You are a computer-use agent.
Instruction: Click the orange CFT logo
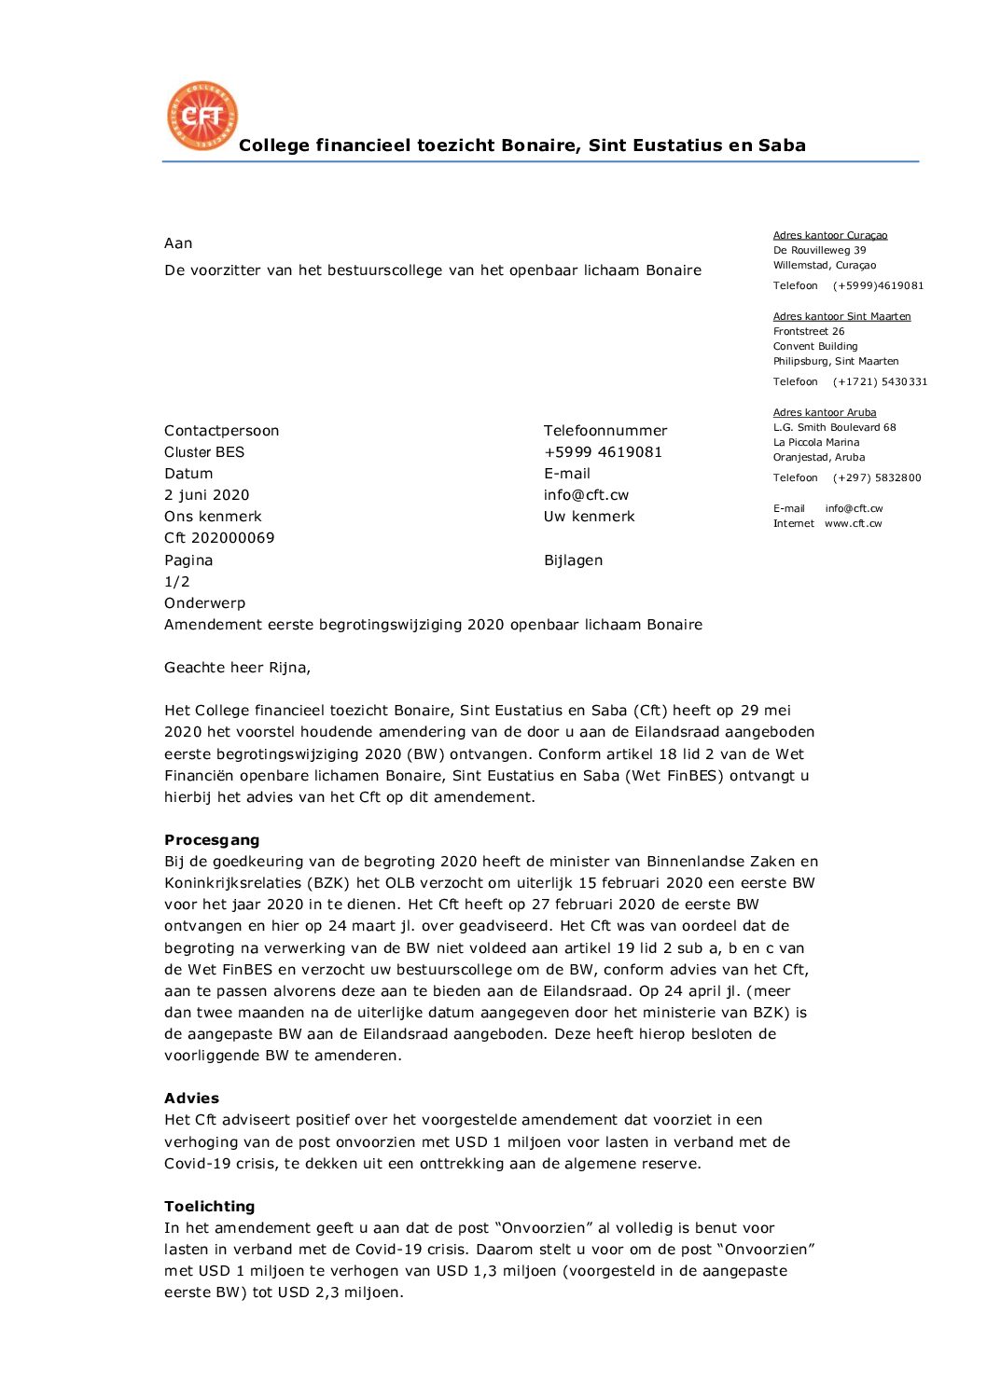(x=202, y=116)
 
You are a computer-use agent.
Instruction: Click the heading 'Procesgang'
(x=212, y=839)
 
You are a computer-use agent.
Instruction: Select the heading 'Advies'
(x=191, y=1098)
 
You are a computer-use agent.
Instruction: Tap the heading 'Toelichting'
(x=209, y=1206)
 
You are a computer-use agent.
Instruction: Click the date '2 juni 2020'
(x=206, y=494)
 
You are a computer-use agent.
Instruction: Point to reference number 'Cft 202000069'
(x=219, y=537)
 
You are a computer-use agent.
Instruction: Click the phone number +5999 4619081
(x=603, y=451)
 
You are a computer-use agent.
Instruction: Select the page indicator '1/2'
(x=177, y=581)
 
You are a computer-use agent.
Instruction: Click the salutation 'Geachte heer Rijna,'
(x=237, y=667)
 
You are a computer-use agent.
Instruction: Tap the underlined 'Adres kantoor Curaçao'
(x=829, y=235)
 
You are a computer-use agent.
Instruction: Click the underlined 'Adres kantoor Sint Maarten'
(x=841, y=316)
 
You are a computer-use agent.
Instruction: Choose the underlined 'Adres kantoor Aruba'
(x=824, y=412)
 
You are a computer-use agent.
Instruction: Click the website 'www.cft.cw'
(x=853, y=523)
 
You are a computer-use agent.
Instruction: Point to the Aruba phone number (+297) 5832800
(x=877, y=477)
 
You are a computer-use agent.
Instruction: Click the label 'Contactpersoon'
(x=221, y=430)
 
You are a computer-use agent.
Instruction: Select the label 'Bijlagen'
(x=573, y=560)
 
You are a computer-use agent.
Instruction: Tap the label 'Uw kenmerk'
(x=589, y=516)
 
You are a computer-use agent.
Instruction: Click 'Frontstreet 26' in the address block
(x=808, y=331)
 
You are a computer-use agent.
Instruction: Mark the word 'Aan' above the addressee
(x=178, y=242)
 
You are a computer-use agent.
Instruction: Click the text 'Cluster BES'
(x=203, y=451)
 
